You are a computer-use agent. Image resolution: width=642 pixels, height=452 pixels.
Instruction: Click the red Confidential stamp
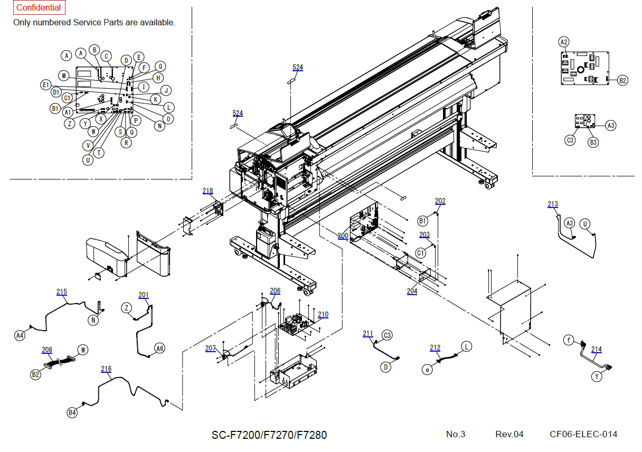(x=39, y=8)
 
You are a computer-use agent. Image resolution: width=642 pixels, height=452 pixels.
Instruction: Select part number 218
(x=208, y=191)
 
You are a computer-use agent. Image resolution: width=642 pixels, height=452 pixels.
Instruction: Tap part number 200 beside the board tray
(x=343, y=236)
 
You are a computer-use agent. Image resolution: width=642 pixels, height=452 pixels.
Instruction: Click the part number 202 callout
(x=440, y=201)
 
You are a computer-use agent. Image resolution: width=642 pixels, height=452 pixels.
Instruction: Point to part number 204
(x=412, y=291)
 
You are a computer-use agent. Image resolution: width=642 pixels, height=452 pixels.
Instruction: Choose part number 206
(x=275, y=290)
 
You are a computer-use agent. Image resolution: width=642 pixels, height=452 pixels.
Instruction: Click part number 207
(x=211, y=348)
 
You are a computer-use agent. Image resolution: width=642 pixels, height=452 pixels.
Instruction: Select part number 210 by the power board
(x=323, y=314)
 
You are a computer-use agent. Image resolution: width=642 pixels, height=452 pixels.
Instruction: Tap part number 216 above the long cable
(x=106, y=369)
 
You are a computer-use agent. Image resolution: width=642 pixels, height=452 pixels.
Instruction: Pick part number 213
(x=553, y=204)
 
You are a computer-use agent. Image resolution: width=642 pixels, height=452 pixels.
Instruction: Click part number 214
(x=597, y=349)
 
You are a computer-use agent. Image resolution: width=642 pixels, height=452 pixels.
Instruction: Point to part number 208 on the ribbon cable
(x=47, y=350)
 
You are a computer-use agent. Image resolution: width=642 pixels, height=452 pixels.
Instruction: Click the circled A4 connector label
(x=20, y=335)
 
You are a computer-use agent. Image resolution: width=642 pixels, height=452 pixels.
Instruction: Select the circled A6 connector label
(x=159, y=348)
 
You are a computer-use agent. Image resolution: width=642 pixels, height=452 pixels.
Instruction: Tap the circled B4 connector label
(x=72, y=412)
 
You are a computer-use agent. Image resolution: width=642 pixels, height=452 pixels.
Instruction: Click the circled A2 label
(x=564, y=42)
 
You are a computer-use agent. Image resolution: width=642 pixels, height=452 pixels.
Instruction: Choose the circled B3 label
(x=593, y=142)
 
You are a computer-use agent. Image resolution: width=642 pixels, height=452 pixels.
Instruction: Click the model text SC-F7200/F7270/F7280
(x=269, y=435)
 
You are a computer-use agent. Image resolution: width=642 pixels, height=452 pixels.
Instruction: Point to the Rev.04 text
(x=509, y=434)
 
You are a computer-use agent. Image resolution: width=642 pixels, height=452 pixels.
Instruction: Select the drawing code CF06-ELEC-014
(x=583, y=434)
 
